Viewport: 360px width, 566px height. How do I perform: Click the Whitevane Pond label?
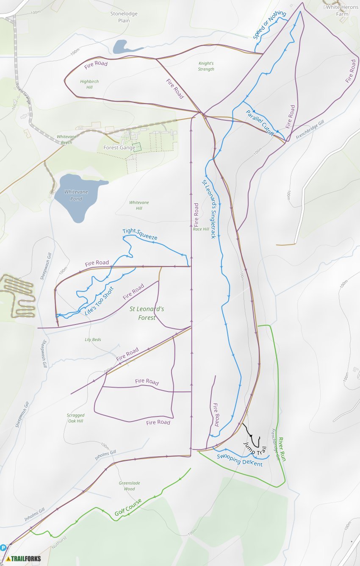(x=76, y=195)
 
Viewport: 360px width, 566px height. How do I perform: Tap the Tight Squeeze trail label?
(x=140, y=234)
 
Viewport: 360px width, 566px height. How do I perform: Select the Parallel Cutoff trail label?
(x=260, y=123)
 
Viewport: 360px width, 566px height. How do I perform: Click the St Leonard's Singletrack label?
(x=208, y=208)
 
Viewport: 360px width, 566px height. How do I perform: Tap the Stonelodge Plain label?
(x=124, y=17)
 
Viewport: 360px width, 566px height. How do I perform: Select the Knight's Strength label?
(x=206, y=66)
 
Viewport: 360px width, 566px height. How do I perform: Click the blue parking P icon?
(x=3, y=547)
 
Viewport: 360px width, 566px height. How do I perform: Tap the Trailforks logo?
(x=24, y=558)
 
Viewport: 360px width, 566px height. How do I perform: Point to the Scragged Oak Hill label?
(x=75, y=418)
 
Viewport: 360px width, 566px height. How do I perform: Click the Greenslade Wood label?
(x=129, y=486)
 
